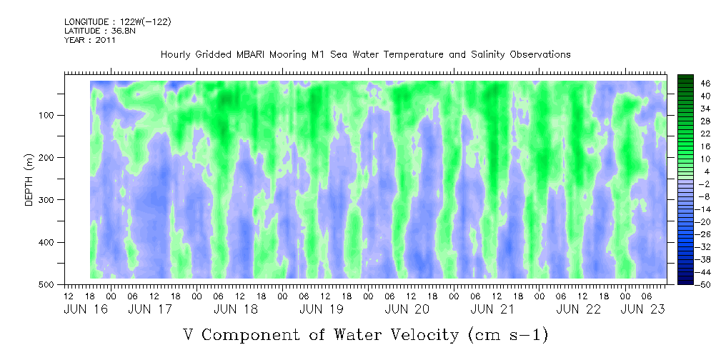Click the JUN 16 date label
[80, 309]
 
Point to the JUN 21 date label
[492, 309]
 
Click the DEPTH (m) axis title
[29, 183]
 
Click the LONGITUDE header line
[117, 22]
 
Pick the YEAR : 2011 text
[89, 40]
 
